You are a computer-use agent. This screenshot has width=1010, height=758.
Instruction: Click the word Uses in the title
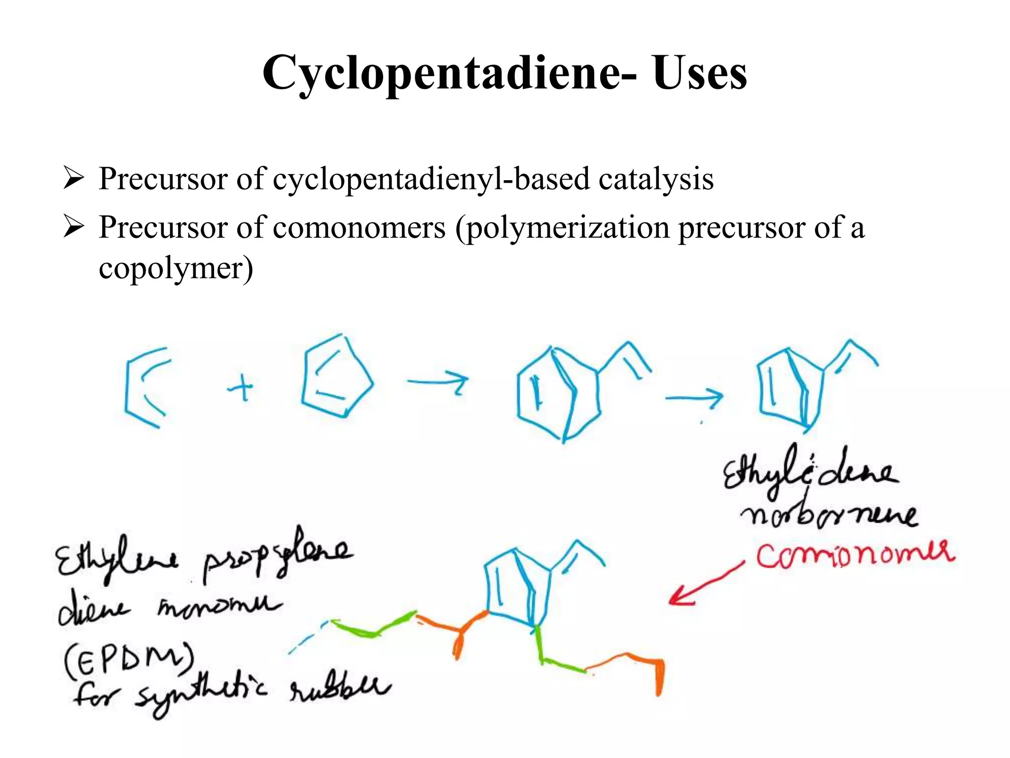tap(700, 73)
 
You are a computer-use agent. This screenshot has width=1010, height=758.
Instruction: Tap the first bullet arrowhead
tap(74, 178)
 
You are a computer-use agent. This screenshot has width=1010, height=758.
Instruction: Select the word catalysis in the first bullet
tap(656, 179)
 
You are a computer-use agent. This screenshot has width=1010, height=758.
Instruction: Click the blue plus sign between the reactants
tap(241, 387)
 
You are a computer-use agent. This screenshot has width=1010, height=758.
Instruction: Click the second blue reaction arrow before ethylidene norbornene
tap(694, 398)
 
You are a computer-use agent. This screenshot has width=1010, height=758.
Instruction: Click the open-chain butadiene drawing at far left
tap(126, 390)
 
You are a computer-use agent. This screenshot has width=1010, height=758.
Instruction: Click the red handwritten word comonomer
tap(855, 555)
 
